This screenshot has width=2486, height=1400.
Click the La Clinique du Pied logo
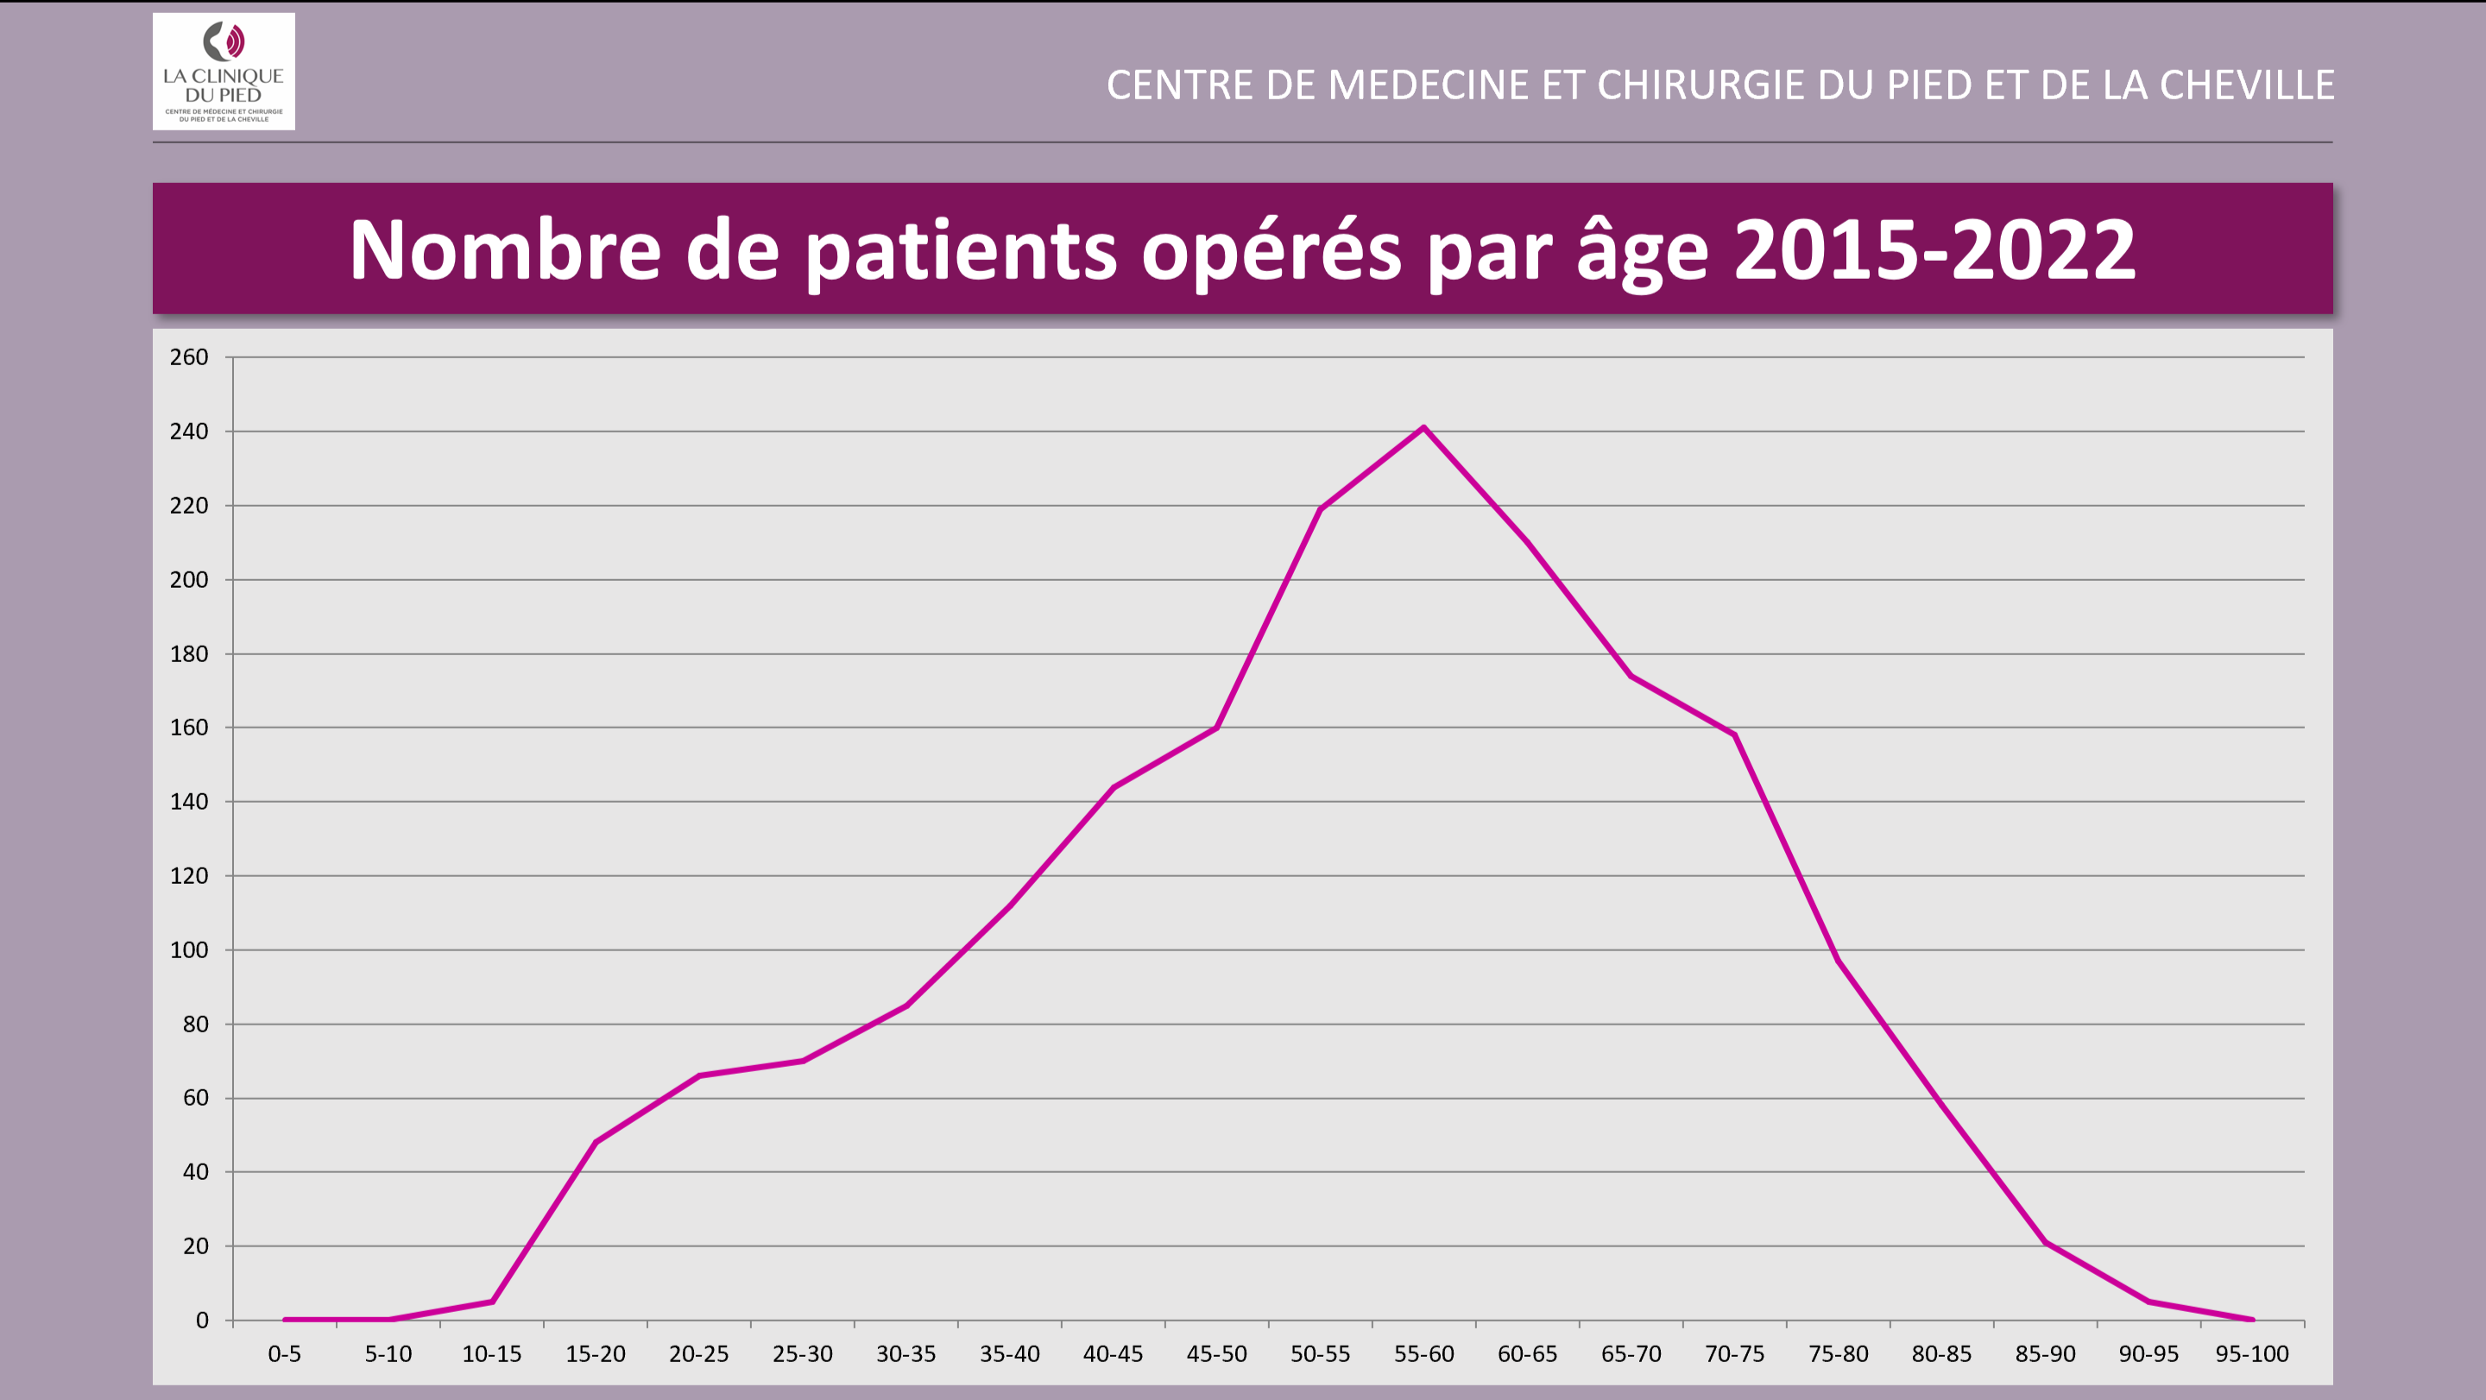click(x=224, y=72)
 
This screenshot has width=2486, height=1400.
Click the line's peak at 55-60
click(x=1423, y=427)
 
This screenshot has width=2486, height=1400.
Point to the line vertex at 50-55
click(x=1320, y=508)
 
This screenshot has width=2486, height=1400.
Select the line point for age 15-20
click(x=596, y=1143)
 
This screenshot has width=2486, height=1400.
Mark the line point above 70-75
click(x=1734, y=735)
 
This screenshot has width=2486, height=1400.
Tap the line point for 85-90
click(x=2045, y=1243)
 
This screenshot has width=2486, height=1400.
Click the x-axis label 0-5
click(x=285, y=1354)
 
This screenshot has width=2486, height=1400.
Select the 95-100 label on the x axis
click(x=2251, y=1354)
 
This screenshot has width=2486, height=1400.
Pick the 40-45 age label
click(x=1113, y=1354)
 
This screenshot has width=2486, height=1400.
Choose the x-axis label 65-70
click(x=1631, y=1354)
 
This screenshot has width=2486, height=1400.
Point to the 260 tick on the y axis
click(x=189, y=358)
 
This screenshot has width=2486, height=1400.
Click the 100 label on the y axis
click(x=189, y=950)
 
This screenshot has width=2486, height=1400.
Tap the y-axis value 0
click(x=202, y=1321)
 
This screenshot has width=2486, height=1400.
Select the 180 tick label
click(x=189, y=654)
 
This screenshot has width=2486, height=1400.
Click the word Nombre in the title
click(x=505, y=250)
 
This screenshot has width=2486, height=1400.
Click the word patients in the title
click(x=960, y=252)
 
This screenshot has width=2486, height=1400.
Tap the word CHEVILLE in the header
click(x=2247, y=85)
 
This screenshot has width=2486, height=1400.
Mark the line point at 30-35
click(x=906, y=1006)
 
